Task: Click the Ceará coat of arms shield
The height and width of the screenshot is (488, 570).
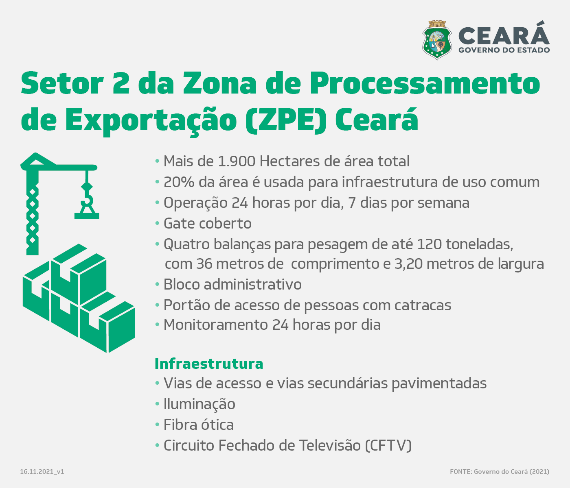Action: (437, 40)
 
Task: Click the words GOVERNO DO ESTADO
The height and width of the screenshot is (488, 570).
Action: (504, 50)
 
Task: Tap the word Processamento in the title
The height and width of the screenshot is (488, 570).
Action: (425, 83)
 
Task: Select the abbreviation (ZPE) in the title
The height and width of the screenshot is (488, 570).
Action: (286, 120)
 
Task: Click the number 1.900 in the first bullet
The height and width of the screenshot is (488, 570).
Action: (237, 161)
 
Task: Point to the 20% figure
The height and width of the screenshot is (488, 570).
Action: (179, 182)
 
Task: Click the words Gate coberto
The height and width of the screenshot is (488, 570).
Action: (207, 223)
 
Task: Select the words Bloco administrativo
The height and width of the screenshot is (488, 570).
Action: (232, 284)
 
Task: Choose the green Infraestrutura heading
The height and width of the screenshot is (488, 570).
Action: (209, 364)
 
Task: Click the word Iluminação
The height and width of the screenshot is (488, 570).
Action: (199, 404)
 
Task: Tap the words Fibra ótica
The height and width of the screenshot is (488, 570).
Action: (199, 425)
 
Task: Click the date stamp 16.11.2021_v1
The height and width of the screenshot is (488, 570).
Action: (42, 472)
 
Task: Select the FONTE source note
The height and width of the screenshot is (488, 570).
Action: (500, 472)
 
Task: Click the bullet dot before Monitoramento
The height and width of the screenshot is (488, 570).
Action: (157, 325)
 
